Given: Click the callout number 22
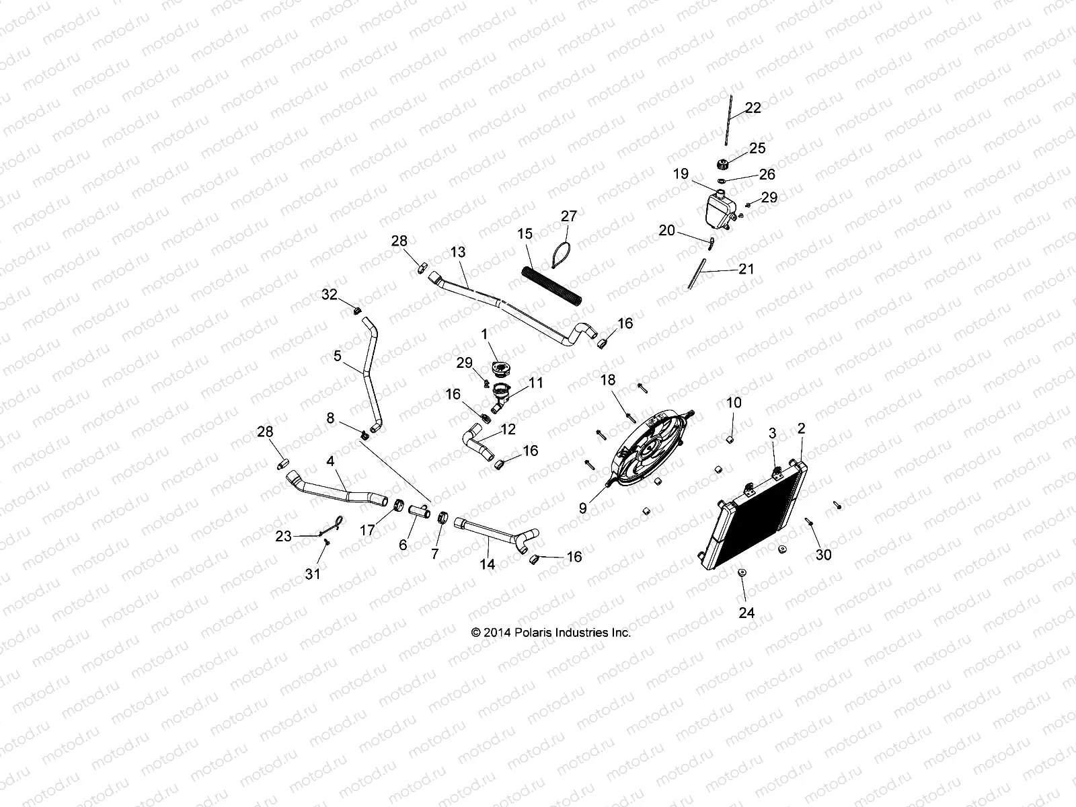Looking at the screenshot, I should pyautogui.click(x=753, y=108).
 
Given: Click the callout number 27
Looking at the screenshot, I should pyautogui.click(x=569, y=216).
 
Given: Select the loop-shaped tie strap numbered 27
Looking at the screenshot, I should pyautogui.click(x=562, y=256).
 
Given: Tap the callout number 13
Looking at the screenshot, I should pyautogui.click(x=458, y=252).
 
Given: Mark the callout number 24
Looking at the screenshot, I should pyautogui.click(x=747, y=613).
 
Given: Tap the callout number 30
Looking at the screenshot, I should pyautogui.click(x=823, y=555).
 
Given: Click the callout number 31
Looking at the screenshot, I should pyautogui.click(x=313, y=574).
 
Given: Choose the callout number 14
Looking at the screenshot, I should pyautogui.click(x=487, y=565).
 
